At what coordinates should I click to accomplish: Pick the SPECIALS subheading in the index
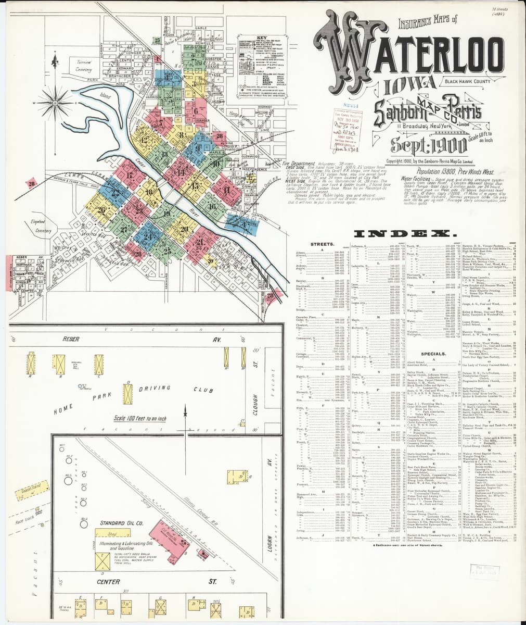(x=433, y=354)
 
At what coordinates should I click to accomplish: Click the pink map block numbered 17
(x=129, y=174)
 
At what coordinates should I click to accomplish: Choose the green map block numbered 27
(x=124, y=229)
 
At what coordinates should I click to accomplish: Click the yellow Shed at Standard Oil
(x=111, y=534)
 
